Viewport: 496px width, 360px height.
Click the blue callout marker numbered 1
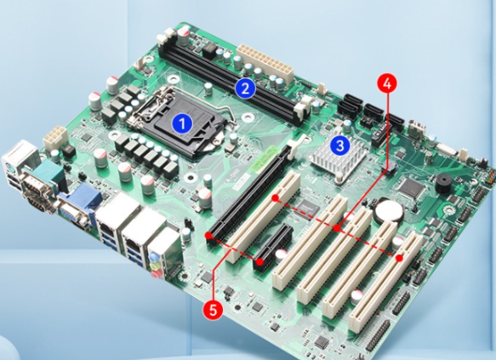182,123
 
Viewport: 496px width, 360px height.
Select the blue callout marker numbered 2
245,89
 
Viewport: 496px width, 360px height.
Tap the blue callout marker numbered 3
339,146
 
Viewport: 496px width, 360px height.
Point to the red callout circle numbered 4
386,84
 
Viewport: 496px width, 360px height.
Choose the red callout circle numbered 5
214,310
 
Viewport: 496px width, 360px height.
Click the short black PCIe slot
273,248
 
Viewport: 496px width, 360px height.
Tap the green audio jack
154,265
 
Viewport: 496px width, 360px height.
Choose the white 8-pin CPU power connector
55,138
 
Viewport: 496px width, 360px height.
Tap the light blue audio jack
153,255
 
